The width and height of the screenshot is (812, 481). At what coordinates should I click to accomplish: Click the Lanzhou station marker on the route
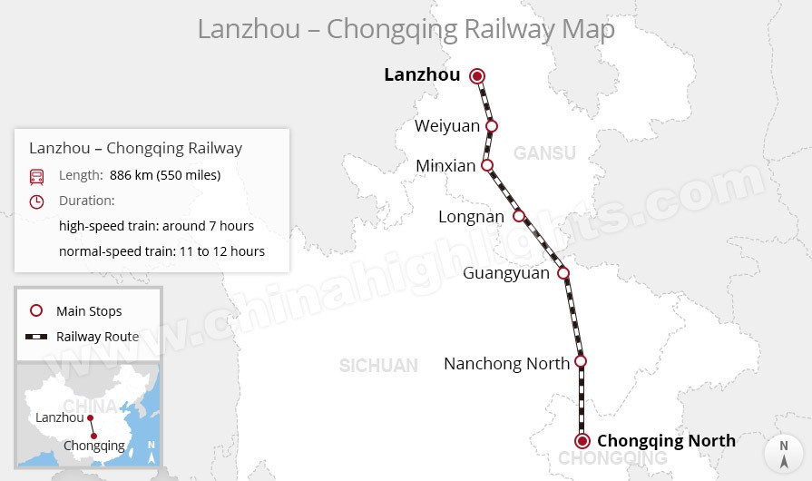[477, 76]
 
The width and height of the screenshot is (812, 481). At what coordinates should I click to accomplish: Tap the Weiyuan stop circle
[492, 126]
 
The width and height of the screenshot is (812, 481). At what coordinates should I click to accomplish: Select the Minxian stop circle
[487, 165]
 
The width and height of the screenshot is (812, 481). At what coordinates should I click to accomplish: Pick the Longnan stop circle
[519, 216]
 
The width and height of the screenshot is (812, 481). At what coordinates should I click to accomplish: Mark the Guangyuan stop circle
[563, 272]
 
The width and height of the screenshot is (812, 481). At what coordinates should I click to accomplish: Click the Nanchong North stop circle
[581, 361]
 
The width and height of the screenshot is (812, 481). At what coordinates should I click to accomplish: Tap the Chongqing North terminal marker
[582, 441]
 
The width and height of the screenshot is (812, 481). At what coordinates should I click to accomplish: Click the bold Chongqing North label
[666, 441]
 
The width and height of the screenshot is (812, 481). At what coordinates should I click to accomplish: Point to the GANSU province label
[544, 153]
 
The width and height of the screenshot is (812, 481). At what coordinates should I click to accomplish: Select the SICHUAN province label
[378, 366]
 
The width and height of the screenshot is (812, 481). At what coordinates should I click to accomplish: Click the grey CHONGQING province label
[612, 459]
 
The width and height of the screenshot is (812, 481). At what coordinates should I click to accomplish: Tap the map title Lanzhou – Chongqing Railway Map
[406, 28]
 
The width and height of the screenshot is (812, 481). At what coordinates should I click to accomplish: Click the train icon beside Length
[36, 176]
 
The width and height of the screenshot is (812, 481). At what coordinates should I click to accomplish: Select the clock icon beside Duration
[36, 201]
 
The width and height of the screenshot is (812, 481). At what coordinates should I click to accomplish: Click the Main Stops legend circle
[36, 310]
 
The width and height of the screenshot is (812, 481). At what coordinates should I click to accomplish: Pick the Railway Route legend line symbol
[36, 337]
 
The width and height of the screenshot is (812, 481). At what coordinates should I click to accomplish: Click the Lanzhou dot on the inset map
[90, 417]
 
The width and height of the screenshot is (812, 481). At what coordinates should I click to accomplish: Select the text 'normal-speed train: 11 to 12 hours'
[161, 250]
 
